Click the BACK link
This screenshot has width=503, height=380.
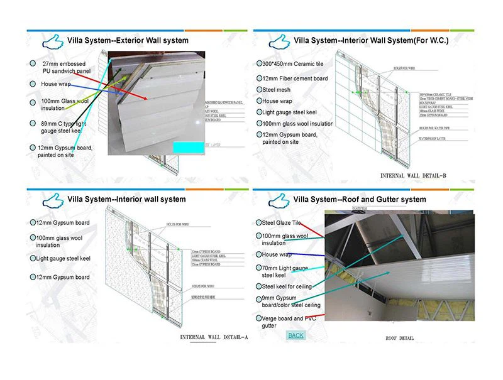click(x=296, y=335)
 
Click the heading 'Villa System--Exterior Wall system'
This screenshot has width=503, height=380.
click(x=128, y=41)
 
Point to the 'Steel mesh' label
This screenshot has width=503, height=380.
click(x=276, y=90)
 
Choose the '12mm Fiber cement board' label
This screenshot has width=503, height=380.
click(x=295, y=79)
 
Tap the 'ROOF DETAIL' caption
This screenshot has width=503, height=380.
click(x=400, y=338)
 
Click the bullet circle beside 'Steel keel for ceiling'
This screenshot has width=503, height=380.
click(x=258, y=286)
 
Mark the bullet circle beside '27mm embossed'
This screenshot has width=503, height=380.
click(x=32, y=64)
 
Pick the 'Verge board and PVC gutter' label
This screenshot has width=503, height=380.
click(x=289, y=322)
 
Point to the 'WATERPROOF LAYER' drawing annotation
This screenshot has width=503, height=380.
click(x=419, y=148)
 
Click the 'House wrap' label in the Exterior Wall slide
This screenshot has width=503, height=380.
click(x=56, y=84)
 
